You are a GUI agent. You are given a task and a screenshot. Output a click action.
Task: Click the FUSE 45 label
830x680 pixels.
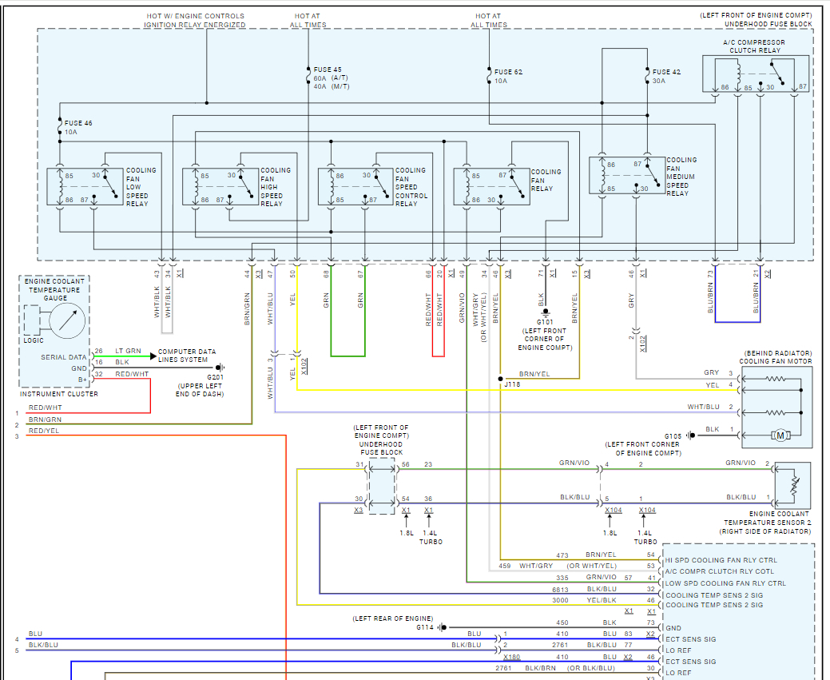coord(328,70)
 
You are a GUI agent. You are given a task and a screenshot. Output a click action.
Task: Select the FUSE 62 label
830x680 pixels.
coord(508,72)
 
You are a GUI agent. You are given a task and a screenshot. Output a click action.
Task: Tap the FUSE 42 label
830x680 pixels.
coord(666,72)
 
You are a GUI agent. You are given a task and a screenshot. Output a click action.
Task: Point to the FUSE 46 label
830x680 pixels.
coord(78,122)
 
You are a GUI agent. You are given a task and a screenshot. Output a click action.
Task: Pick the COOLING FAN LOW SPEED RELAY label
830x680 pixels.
coord(141,187)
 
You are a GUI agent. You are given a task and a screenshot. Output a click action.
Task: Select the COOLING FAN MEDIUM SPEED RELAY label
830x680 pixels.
coord(681,177)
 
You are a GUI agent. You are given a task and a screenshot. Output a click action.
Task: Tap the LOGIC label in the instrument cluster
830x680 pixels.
coord(34,340)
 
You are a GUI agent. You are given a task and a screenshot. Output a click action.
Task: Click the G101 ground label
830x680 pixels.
coord(546,322)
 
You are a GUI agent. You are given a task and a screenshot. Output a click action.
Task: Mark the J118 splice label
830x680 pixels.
coord(511,384)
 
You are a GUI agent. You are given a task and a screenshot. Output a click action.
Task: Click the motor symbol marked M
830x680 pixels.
coord(780,435)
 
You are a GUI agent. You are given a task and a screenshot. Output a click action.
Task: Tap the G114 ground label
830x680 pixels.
coord(426,627)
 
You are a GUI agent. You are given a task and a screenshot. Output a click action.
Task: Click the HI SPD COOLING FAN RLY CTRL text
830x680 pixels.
coord(721,560)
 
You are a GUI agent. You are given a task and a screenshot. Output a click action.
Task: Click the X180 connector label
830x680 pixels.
coord(511,657)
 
